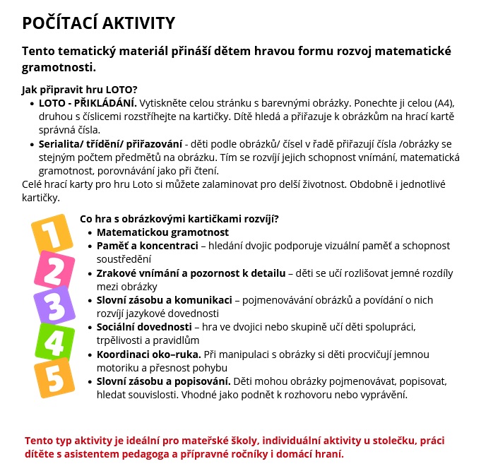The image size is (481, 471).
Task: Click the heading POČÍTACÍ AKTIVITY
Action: [x=98, y=23]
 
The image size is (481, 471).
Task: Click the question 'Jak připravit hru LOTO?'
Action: [x=79, y=90]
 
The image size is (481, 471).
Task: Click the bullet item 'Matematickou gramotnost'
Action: [x=162, y=232]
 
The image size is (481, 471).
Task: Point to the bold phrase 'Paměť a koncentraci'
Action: [x=147, y=246]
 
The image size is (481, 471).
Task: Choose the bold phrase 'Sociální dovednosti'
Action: [x=144, y=327]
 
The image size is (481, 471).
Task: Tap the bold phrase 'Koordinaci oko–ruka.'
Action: [x=149, y=354]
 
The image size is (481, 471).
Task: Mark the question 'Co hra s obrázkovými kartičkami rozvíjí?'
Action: [x=179, y=219]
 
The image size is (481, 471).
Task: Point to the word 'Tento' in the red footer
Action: [x=39, y=441]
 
